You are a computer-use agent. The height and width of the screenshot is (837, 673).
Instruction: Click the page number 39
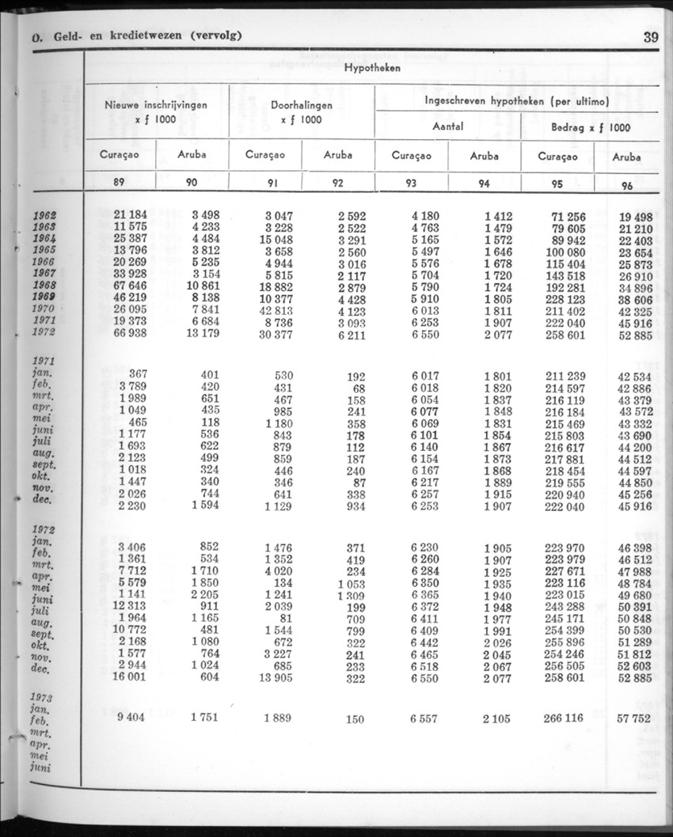[651, 36]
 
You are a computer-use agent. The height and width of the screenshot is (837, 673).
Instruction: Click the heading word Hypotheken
[372, 68]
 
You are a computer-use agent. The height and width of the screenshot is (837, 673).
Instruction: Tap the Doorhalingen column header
[301, 105]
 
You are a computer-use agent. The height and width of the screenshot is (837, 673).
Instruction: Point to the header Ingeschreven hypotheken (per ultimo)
[516, 101]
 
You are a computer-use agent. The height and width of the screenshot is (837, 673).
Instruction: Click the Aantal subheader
[447, 127]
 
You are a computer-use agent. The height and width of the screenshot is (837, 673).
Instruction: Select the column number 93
[411, 183]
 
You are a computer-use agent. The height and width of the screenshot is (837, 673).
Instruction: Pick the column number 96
[627, 185]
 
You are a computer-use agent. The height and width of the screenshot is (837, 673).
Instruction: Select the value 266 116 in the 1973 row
[564, 718]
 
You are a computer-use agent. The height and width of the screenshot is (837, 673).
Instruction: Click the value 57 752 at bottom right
[634, 718]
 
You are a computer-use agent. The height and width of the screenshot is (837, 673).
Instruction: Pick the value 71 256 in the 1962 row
[566, 216]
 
